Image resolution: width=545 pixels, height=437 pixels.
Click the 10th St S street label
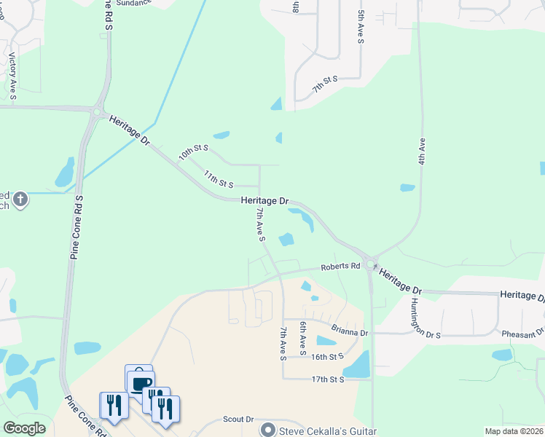tap(194, 153)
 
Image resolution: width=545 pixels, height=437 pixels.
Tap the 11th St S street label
tap(218, 178)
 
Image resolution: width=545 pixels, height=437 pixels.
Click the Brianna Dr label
tap(350, 332)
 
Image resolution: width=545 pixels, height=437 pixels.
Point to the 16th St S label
tap(326, 357)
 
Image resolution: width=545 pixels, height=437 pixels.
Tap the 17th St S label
tap(326, 379)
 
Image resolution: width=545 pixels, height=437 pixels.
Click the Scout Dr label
tap(238, 420)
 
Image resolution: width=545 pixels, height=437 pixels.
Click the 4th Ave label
tap(421, 150)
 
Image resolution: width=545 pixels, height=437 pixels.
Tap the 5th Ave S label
tap(361, 26)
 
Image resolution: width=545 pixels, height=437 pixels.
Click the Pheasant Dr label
tap(522, 334)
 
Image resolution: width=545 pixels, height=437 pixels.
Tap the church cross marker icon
tap(20, 198)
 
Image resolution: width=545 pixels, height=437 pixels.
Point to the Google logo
tap(25, 428)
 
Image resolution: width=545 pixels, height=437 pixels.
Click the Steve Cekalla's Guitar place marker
tap(269, 430)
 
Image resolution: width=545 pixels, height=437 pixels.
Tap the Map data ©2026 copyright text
tap(513, 431)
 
